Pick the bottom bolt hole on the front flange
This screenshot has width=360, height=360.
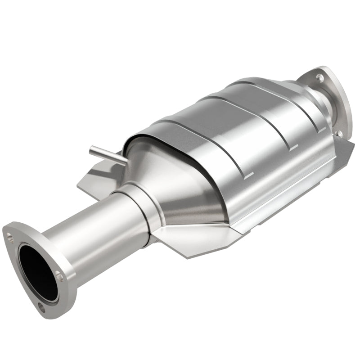(41, 309)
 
